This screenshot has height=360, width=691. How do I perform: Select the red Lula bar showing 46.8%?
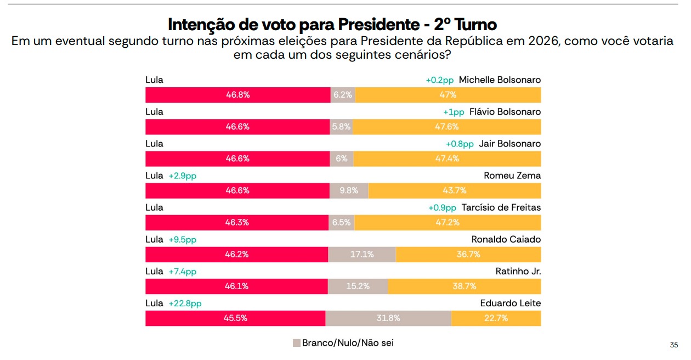pyautogui.click(x=237, y=95)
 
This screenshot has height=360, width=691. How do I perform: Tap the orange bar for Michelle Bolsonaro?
pyautogui.click(x=448, y=95)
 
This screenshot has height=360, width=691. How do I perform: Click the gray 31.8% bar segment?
pyautogui.click(x=388, y=318)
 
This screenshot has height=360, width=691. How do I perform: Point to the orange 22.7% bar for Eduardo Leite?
pyautogui.click(x=496, y=318)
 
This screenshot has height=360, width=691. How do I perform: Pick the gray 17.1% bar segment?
pyautogui.click(x=362, y=255)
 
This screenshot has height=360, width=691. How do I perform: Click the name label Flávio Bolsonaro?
pyautogui.click(x=505, y=112)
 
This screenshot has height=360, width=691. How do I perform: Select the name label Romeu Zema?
pyautogui.click(x=512, y=176)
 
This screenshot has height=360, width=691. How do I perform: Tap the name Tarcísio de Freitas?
pyautogui.click(x=501, y=207)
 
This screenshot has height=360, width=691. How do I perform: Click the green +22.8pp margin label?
pyautogui.click(x=185, y=303)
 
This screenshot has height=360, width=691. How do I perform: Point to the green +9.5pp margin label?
pyautogui.click(x=182, y=240)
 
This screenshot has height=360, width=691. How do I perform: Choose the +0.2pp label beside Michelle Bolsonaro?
pyautogui.click(x=440, y=80)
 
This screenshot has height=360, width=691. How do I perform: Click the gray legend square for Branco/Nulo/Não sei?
pyautogui.click(x=297, y=343)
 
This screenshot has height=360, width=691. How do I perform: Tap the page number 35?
pyautogui.click(x=674, y=345)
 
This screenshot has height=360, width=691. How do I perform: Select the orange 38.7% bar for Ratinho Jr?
pyautogui.click(x=464, y=286)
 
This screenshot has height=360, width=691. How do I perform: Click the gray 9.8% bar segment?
pyautogui.click(x=349, y=191)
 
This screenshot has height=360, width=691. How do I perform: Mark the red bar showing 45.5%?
pyautogui.click(x=235, y=318)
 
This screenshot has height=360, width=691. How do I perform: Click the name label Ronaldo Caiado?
pyautogui.click(x=506, y=239)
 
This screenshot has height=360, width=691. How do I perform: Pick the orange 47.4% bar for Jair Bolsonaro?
pyautogui.click(x=447, y=159)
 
